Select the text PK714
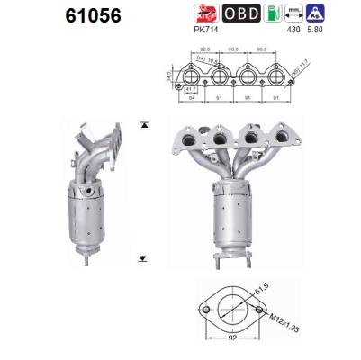(207, 31)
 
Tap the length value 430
(291, 31)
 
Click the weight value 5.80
(313, 31)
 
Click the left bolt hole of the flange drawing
(204, 315)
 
